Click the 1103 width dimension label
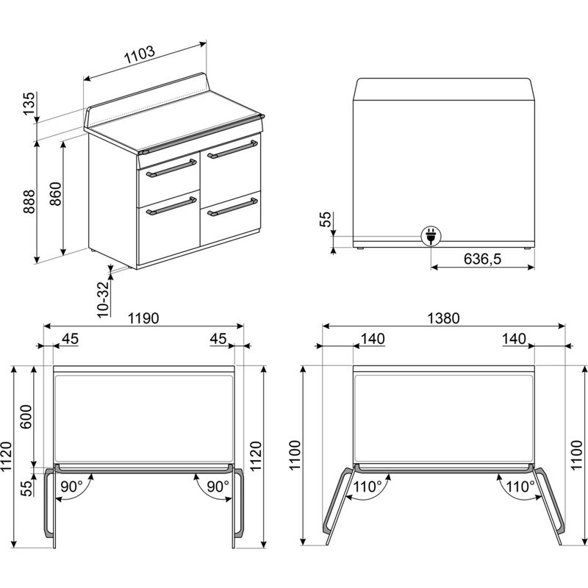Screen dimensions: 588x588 point(139,54)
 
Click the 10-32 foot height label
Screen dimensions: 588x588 point(104,298)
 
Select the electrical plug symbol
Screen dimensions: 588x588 point(430,236)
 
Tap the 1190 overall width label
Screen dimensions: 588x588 point(145,319)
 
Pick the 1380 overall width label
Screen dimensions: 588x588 point(444,319)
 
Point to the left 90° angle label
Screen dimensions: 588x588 point(71,486)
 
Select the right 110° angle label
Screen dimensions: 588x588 point(519,486)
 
